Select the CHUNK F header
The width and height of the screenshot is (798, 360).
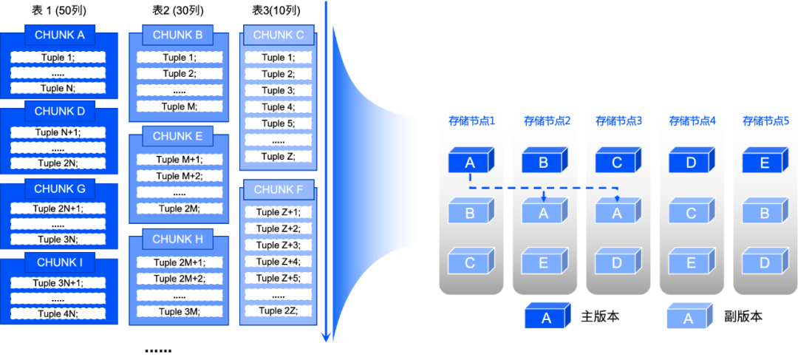pyautogui.click(x=278, y=190)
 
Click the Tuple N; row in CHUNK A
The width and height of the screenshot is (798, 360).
pyautogui.click(x=58, y=88)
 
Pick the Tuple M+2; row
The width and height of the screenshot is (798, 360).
pyautogui.click(x=179, y=176)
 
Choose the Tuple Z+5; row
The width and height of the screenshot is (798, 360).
pyautogui.click(x=278, y=278)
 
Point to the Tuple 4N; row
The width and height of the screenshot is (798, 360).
pyautogui.click(x=58, y=313)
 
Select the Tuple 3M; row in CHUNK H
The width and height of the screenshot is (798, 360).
pyautogui.click(x=179, y=311)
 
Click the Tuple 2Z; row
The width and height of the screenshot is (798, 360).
pyautogui.click(x=278, y=310)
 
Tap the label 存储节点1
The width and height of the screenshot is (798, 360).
pyautogui.click(x=471, y=121)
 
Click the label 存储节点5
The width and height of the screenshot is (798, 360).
pyautogui.click(x=765, y=121)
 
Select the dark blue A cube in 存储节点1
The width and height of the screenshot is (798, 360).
pyautogui.click(x=470, y=162)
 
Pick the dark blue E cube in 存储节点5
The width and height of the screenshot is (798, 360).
pyautogui.click(x=764, y=162)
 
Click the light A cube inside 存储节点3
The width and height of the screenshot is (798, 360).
pyautogui.click(x=616, y=213)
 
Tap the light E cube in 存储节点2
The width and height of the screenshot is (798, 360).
pyautogui.click(x=543, y=262)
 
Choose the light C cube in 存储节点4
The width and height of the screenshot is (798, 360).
pyautogui.click(x=690, y=213)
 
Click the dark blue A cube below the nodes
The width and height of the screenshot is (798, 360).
pyautogui.click(x=546, y=317)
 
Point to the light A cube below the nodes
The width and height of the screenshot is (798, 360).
pyautogui.click(x=688, y=317)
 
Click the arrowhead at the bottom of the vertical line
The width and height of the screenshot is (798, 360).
pyautogui.click(x=326, y=338)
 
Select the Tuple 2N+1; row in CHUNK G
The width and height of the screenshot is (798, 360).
pyautogui.click(x=58, y=208)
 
